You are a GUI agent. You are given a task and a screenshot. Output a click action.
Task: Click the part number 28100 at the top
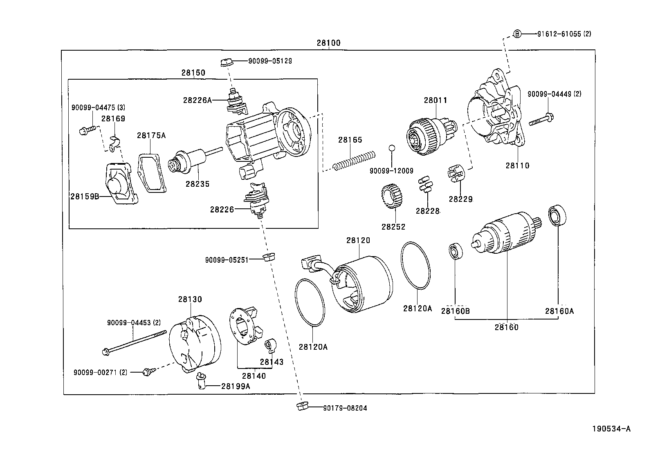click(328, 43)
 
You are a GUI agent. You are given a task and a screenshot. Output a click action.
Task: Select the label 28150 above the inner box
click(193, 73)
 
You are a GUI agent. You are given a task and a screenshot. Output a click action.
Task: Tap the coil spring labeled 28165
click(354, 160)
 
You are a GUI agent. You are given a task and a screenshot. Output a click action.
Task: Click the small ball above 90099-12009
click(391, 147)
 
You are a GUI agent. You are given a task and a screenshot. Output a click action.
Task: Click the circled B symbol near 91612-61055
click(516, 34)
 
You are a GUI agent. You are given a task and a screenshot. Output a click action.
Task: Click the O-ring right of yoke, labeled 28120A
click(415, 266)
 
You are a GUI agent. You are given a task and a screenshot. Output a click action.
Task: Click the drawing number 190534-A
click(611, 429)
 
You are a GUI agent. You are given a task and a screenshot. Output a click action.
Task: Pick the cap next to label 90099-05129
click(226, 63)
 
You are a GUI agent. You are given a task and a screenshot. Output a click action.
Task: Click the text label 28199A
click(235, 385)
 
